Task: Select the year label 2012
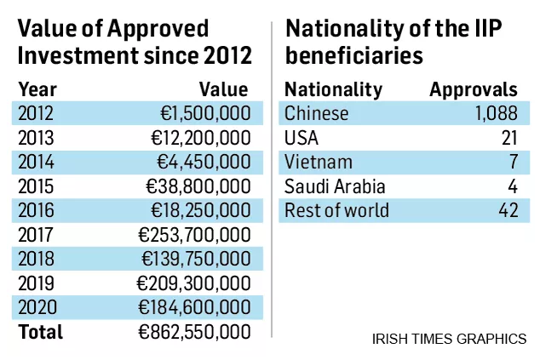pyautogui.click(x=36, y=114)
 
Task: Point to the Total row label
pyautogui.click(x=41, y=332)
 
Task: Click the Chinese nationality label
pyautogui.click(x=317, y=114)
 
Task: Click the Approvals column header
pyautogui.click(x=474, y=89)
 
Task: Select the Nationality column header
pyautogui.click(x=333, y=89)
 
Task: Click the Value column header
pyautogui.click(x=223, y=89)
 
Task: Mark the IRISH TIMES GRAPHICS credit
pyautogui.click(x=449, y=339)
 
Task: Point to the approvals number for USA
pyautogui.click(x=509, y=138)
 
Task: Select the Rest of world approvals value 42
pyautogui.click(x=508, y=210)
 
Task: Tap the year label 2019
pyautogui.click(x=36, y=283)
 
